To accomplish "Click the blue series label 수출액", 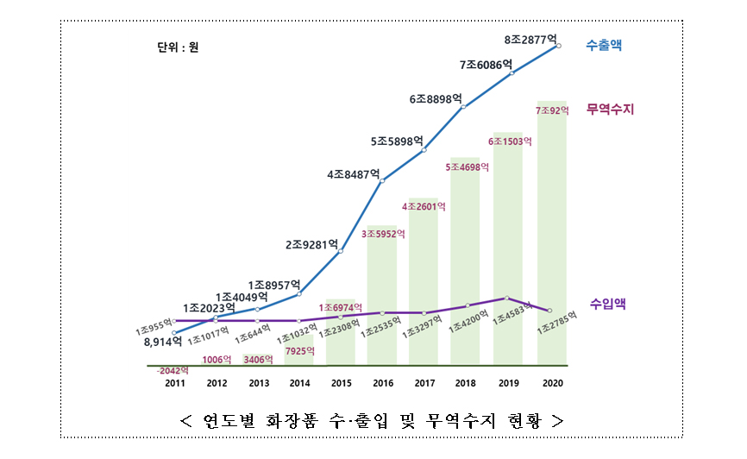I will (x=604, y=45).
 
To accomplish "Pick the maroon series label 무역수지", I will (x=610, y=110).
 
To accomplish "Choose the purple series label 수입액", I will (x=608, y=303).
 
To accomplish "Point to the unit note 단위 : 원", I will (x=173, y=47).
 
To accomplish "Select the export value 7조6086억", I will (x=486, y=65).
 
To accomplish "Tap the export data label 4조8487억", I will (x=354, y=174).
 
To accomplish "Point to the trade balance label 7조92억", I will (x=553, y=111).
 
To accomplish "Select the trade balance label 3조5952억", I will (x=383, y=233).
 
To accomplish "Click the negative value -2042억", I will (x=173, y=369).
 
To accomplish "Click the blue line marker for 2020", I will (x=560, y=45).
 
